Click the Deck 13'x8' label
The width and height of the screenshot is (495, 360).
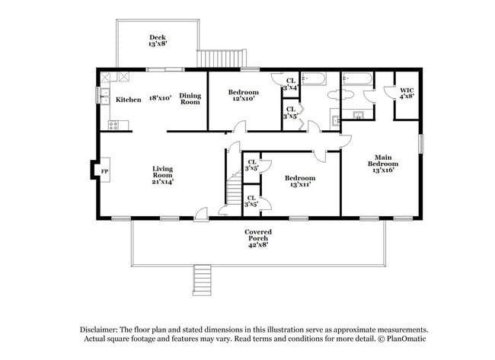click(x=158, y=40)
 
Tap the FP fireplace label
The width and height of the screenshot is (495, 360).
click(x=104, y=172)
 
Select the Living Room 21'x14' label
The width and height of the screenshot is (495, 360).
click(x=162, y=175)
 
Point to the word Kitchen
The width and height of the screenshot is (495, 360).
click(x=129, y=100)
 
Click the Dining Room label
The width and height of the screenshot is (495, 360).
click(x=190, y=98)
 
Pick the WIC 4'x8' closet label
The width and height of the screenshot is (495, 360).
click(x=407, y=94)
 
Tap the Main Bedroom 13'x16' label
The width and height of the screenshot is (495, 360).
click(x=383, y=164)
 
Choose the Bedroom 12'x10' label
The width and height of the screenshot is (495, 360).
click(x=244, y=95)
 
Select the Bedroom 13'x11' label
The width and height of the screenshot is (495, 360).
click(x=300, y=181)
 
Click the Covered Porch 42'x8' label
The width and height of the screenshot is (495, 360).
click(x=258, y=238)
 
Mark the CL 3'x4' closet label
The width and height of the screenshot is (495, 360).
click(x=290, y=84)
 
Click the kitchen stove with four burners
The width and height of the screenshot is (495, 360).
click(x=113, y=126)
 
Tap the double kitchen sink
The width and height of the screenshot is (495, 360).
click(x=104, y=96)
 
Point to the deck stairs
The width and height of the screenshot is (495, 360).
click(x=222, y=58)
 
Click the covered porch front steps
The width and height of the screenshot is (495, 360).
click(x=202, y=281)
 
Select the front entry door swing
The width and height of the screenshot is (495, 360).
click(x=201, y=213)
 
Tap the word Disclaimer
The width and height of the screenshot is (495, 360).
click(x=99, y=330)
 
